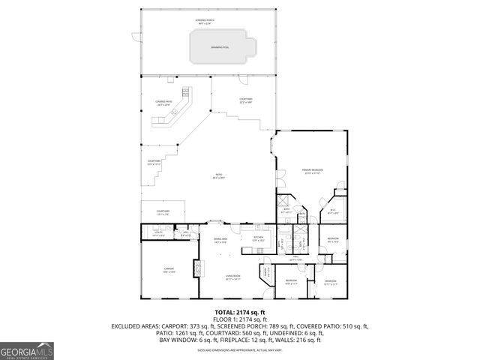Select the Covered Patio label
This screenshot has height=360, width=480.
point(163,103)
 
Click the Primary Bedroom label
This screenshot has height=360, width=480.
point(311,172)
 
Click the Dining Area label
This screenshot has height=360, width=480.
point(221,241)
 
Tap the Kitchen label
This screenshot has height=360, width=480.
point(258,239)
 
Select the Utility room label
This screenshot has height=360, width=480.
point(158,235)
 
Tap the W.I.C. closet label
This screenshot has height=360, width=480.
point(333,212)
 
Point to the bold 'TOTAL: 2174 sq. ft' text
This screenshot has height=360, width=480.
point(240,311)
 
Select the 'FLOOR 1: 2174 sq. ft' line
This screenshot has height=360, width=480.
point(240,319)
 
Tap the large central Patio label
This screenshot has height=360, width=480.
point(218,177)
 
